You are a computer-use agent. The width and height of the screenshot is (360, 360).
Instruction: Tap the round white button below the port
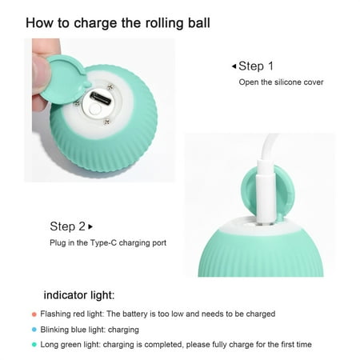click(94, 110)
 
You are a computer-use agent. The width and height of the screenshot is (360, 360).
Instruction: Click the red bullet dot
click(34, 314)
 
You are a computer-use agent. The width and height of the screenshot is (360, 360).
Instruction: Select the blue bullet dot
click(34, 330)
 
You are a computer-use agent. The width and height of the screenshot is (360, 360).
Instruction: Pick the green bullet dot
click(34, 345)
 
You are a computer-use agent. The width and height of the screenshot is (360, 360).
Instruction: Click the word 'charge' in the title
click(95, 23)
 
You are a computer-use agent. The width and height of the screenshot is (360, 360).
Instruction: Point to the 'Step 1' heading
click(256, 66)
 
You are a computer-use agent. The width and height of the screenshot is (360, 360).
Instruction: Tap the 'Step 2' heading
click(67, 226)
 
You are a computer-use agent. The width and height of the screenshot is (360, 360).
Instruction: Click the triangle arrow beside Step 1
click(234, 66)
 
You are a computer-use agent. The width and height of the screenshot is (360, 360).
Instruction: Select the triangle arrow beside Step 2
click(90, 226)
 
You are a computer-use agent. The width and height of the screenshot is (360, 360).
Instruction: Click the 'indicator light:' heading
click(79, 295)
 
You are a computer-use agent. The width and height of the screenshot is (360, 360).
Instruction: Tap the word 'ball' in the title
click(199, 23)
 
